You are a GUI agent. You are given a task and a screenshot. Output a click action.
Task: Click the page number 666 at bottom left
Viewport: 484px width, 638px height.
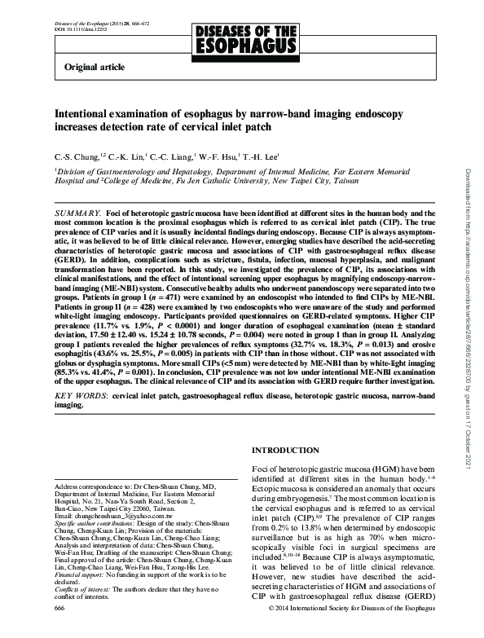(x=59, y=630)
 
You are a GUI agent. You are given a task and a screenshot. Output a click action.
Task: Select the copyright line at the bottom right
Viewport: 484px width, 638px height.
(x=350, y=630)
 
